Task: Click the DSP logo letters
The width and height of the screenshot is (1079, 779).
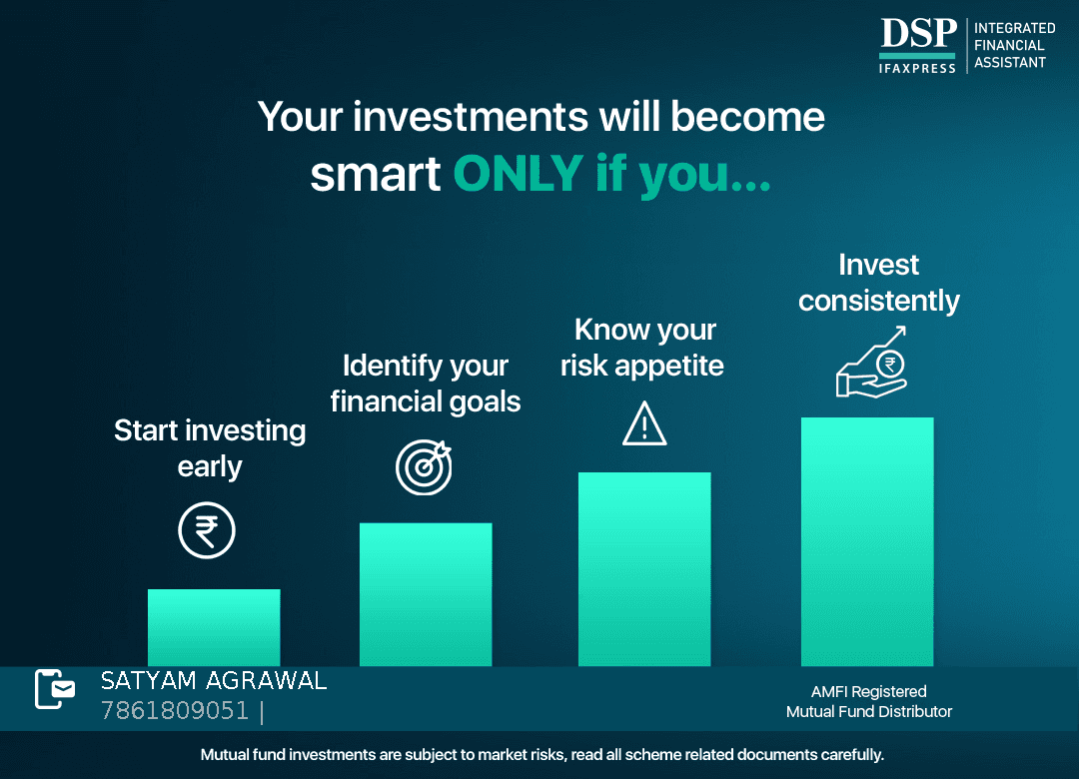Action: (919, 33)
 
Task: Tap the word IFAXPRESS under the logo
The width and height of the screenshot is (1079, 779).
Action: (917, 68)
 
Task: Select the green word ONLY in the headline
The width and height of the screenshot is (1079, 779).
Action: (519, 173)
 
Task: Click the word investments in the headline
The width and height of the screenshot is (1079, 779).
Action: (471, 116)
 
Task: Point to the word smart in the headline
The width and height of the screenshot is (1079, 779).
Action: (375, 174)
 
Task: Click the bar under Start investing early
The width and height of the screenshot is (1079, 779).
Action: (214, 627)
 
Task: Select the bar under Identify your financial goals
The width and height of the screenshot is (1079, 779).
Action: (426, 594)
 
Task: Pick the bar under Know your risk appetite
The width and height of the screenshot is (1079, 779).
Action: (644, 569)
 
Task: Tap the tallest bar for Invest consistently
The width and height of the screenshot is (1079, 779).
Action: (867, 541)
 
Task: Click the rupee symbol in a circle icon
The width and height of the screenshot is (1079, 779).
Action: (207, 530)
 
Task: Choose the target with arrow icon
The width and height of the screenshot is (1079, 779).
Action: (424, 467)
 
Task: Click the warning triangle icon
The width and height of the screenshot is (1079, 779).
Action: (644, 423)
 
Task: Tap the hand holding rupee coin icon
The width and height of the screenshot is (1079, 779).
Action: (871, 363)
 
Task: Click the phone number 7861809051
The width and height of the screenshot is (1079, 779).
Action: (175, 710)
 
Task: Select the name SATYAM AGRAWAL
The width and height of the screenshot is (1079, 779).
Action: (214, 680)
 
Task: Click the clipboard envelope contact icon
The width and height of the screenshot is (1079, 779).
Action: (55, 689)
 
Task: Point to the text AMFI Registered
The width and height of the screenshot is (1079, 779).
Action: (868, 691)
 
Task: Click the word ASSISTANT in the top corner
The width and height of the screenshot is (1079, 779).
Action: (1009, 63)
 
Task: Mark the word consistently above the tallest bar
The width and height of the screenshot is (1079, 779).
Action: (879, 302)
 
